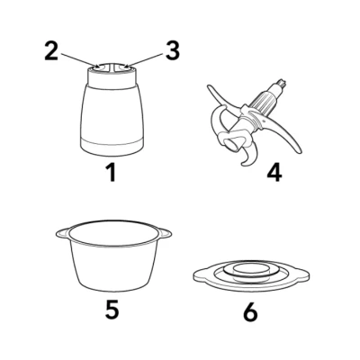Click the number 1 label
pos(112,173)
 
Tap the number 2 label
pos(51,51)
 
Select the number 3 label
pos(173,51)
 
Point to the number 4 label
pos(274,173)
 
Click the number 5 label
pos(112,310)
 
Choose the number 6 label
pos(250,312)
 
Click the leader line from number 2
pos(79,59)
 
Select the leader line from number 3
pos(143,59)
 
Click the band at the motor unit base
pos(112,147)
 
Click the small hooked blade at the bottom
pos(249,157)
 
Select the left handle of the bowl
pos(62,233)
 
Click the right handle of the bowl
pos(165,233)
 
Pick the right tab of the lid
pos(302,274)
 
